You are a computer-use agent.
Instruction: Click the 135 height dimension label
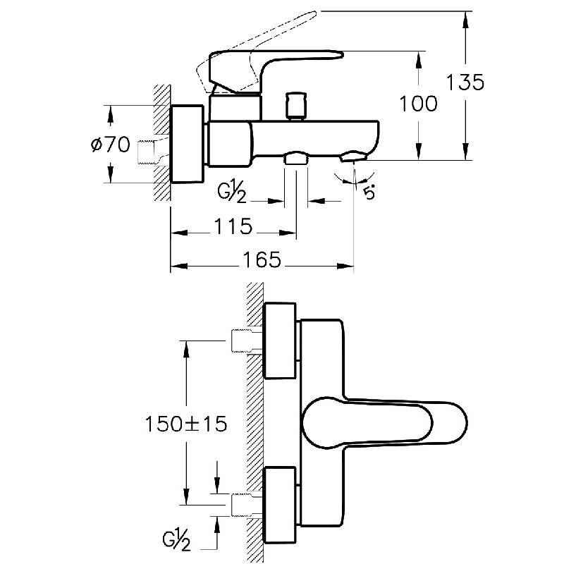pyautogui.click(x=465, y=82)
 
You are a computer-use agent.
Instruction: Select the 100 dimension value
pyautogui.click(x=418, y=104)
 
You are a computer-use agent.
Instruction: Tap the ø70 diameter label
pyautogui.click(x=110, y=145)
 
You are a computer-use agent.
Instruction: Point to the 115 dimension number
pyautogui.click(x=233, y=227)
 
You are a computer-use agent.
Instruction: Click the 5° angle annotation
pyautogui.click(x=369, y=190)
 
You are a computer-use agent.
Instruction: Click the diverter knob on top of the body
pyautogui.click(x=294, y=106)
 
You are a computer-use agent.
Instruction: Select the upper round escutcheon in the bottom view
pyautogui.click(x=281, y=341)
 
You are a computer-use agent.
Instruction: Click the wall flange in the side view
pyautogui.click(x=188, y=146)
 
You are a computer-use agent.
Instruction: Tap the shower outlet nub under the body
pyautogui.click(x=296, y=159)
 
